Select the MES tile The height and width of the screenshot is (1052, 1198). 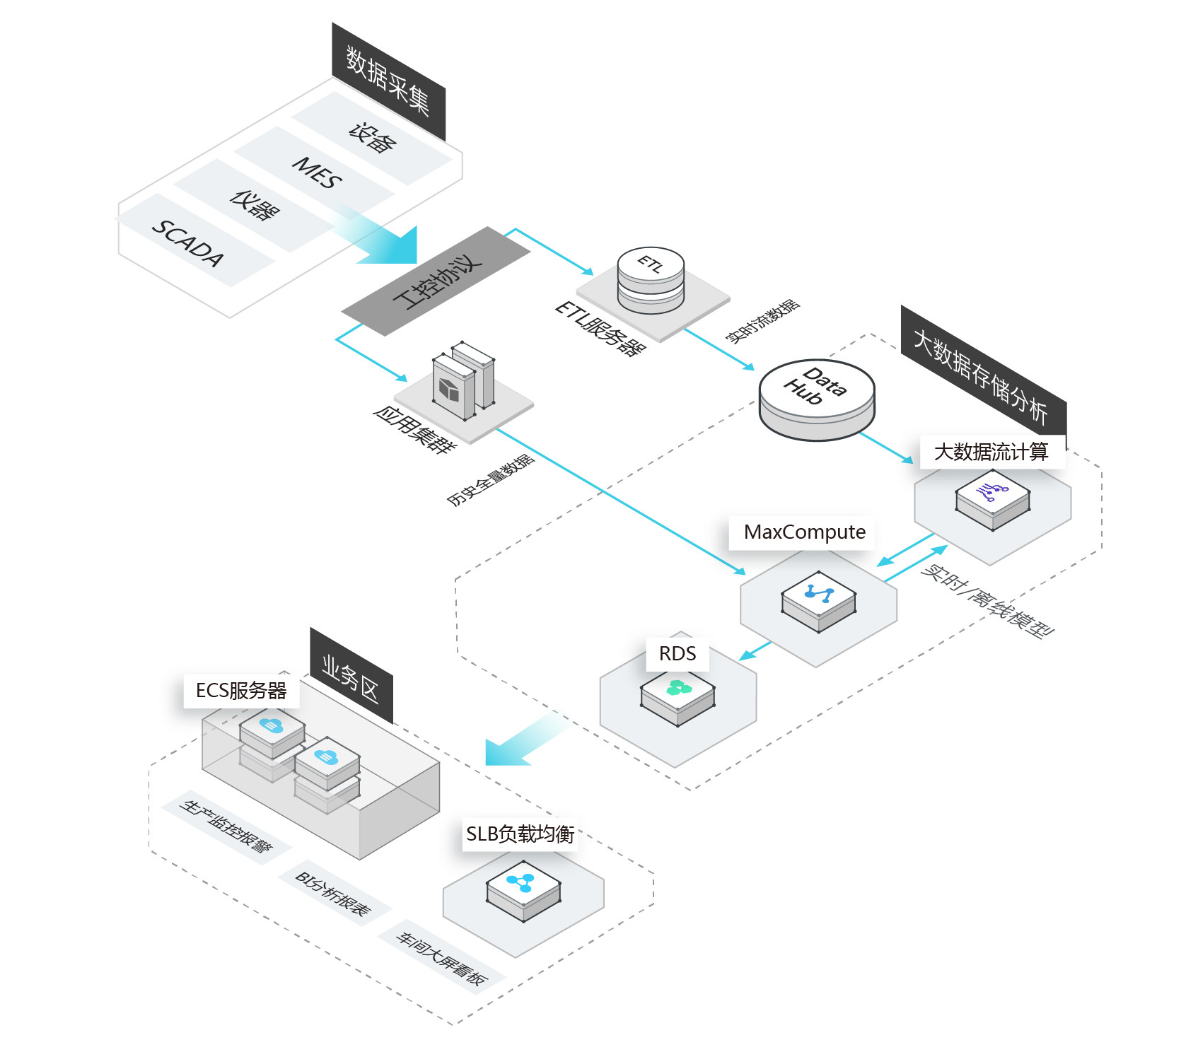(318, 173)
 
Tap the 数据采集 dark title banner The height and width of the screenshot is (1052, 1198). (388, 81)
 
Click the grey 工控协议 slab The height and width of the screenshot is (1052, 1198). (436, 281)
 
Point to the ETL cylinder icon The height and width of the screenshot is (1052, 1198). (651, 279)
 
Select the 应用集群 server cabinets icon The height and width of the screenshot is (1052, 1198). (464, 381)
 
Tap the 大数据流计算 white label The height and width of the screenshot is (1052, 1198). (991, 451)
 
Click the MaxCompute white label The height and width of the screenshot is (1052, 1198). (805, 532)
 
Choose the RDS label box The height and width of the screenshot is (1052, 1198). (677, 653)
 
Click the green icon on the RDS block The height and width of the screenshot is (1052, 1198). (678, 687)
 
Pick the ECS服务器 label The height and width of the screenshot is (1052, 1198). (241, 690)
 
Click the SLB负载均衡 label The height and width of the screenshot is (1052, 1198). (520, 834)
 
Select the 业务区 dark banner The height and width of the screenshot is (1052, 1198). (351, 677)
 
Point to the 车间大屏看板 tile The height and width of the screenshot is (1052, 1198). (441, 958)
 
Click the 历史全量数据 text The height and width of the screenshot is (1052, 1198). (491, 480)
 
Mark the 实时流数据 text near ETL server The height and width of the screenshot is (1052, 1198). (763, 322)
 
